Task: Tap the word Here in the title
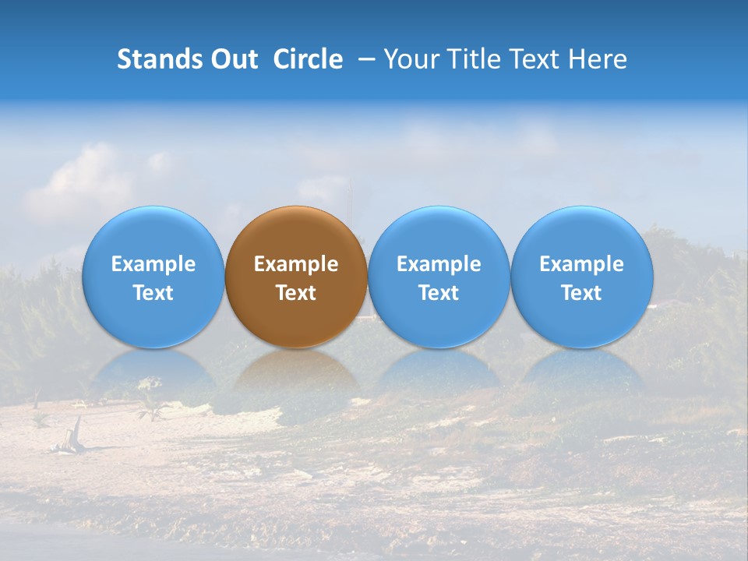[598, 59]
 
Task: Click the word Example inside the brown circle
[296, 264]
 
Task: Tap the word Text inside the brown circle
[296, 293]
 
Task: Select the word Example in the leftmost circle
[153, 264]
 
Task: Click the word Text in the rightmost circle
[582, 293]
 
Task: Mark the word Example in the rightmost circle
[582, 264]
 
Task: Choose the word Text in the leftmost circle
[153, 293]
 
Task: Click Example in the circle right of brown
[439, 264]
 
